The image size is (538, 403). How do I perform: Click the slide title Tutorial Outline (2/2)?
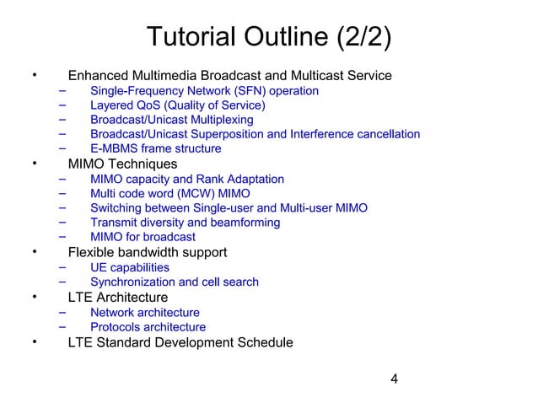(269, 38)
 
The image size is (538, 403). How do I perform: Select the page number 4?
(394, 378)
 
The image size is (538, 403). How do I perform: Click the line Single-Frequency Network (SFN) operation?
(204, 90)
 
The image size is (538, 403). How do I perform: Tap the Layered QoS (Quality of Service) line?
(178, 105)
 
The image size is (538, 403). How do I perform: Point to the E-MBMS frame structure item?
(156, 149)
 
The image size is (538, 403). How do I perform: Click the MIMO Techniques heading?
(122, 164)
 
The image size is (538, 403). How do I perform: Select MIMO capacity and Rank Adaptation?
(187, 179)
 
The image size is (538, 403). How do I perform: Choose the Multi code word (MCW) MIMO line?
(170, 193)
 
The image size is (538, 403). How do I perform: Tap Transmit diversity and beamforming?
(186, 223)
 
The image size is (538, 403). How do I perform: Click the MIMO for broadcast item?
(143, 237)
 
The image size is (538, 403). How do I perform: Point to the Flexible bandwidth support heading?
(147, 252)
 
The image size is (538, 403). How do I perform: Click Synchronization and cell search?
(175, 282)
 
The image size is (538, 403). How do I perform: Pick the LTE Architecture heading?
(117, 297)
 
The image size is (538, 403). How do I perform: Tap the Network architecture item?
(145, 312)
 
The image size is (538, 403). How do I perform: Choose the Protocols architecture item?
(148, 326)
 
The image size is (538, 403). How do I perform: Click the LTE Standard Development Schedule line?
(180, 342)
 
